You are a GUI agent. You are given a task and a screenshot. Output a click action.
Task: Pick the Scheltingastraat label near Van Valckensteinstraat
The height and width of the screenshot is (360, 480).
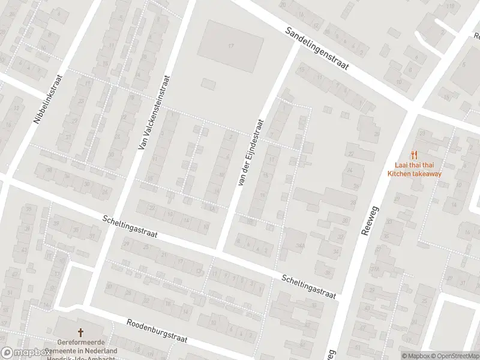(x=130, y=227)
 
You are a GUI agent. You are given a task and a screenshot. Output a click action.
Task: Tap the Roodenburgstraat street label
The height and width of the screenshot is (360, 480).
(x=157, y=331)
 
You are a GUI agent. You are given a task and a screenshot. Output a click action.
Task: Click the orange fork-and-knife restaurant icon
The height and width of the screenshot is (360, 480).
(x=414, y=155)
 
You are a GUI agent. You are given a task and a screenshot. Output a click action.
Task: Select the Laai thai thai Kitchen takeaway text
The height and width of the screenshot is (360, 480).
(x=414, y=170)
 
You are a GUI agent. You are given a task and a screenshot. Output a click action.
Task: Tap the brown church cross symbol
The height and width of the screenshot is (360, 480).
(x=80, y=332)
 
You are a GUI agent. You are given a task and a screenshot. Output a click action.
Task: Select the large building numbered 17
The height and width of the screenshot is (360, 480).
(x=230, y=46)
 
